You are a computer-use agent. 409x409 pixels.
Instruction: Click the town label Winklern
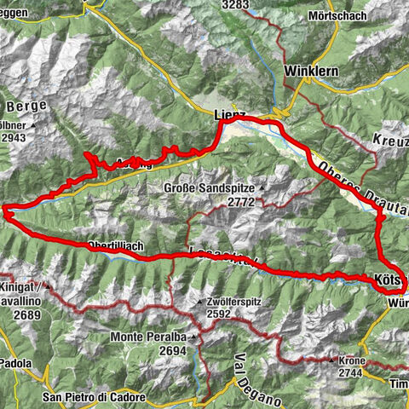click(x=304, y=71)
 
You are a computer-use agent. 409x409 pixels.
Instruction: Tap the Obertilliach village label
click(x=115, y=246)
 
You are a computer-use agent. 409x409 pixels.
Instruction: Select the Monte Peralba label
click(x=149, y=337)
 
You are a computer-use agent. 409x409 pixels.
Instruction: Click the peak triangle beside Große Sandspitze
click(x=262, y=188)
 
